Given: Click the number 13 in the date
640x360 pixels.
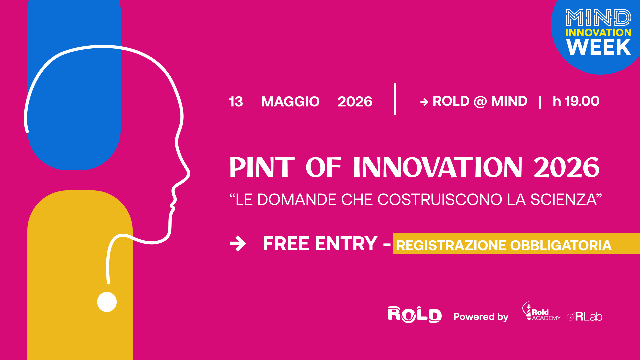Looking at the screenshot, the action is [236, 102].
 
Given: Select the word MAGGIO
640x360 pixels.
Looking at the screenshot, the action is [290, 102].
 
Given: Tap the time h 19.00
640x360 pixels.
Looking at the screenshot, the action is [576, 101].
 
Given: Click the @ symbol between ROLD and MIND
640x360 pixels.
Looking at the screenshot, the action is [480, 101].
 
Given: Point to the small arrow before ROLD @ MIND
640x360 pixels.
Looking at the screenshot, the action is [424, 102].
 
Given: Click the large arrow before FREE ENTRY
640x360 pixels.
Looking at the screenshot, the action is [238, 244].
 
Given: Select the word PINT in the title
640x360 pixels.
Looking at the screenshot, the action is [262, 167].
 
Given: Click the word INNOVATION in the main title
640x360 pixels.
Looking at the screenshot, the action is [438, 167].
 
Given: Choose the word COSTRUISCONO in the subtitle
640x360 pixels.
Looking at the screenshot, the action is [440, 200].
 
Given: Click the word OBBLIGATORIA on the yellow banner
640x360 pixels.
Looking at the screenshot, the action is [561, 246].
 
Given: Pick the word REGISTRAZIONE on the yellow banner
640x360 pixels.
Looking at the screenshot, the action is [452, 246].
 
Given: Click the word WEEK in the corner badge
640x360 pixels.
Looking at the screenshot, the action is [599, 47].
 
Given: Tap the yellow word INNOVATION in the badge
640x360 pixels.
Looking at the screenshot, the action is [599, 32].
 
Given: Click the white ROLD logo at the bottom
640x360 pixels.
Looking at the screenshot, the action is [415, 315].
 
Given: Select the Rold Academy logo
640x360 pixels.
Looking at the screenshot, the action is [541, 311].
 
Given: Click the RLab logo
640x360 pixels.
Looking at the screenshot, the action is [585, 316].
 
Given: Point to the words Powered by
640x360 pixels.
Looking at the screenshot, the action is [481, 317].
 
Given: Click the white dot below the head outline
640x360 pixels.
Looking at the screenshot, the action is [107, 302].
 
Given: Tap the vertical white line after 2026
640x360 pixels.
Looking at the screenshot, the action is [395, 99].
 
